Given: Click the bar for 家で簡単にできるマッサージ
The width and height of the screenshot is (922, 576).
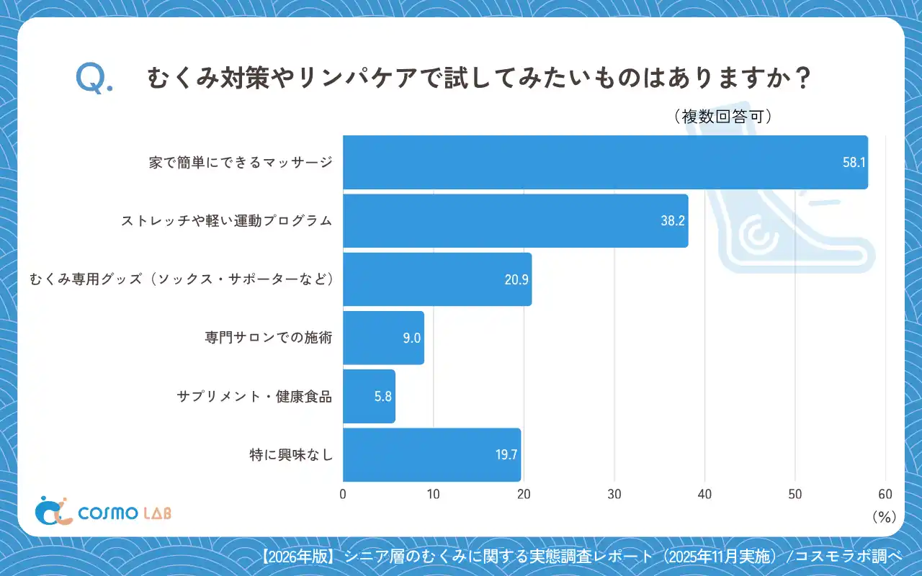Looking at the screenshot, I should pos(605,162).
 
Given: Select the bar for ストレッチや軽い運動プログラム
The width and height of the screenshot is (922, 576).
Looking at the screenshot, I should pos(515,220).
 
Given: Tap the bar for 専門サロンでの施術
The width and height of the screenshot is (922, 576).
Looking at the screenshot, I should pos(383,338).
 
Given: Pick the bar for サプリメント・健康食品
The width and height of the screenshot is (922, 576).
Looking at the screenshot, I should pos(369,396).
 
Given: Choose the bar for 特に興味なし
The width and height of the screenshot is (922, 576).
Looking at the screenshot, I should pos(431,454).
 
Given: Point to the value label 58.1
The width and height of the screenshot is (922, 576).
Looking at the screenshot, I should pos(854,163).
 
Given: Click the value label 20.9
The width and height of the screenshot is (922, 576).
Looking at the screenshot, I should pos(516,279).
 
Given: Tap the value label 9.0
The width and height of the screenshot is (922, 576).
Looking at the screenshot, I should pos(411,338).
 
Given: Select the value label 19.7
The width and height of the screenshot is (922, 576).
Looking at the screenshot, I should pos(506,454).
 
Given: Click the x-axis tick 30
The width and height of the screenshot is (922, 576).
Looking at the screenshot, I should pos(614,494).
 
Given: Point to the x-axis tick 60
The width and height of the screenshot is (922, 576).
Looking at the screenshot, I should pos(885,494).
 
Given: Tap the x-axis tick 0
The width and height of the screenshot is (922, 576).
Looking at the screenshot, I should pos(343,494).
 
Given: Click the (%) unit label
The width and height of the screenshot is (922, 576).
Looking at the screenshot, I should pos(883,516).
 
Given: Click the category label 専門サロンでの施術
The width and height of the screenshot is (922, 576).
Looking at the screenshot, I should pos(269,338).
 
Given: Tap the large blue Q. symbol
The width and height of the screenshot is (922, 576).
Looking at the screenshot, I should pos(94,78).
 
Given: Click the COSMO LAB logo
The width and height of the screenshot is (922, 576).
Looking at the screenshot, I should pos(103,511).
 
